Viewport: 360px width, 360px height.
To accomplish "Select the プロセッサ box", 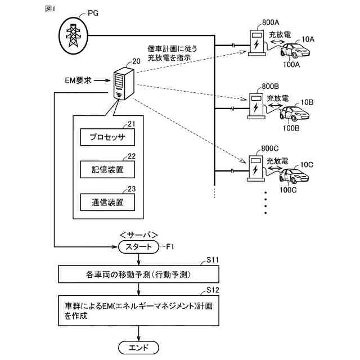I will pos(107,137).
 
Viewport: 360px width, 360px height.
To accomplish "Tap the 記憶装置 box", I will pos(107,169).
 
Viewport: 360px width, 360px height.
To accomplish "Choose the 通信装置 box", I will pos(107,201).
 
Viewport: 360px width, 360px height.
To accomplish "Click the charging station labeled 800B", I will pos(256,105).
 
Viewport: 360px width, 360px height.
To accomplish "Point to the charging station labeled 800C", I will pos(256,167).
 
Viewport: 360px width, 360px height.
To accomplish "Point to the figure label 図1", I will pos(51,10).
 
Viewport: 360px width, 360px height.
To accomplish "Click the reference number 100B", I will pos(291,128).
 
